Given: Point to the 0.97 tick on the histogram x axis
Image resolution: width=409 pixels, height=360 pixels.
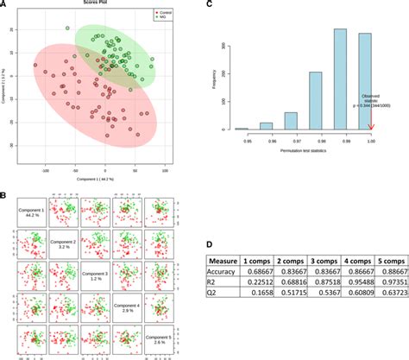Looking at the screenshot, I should [x=291, y=137].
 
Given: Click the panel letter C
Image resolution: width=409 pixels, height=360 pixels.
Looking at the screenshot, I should [x=211, y=5].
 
